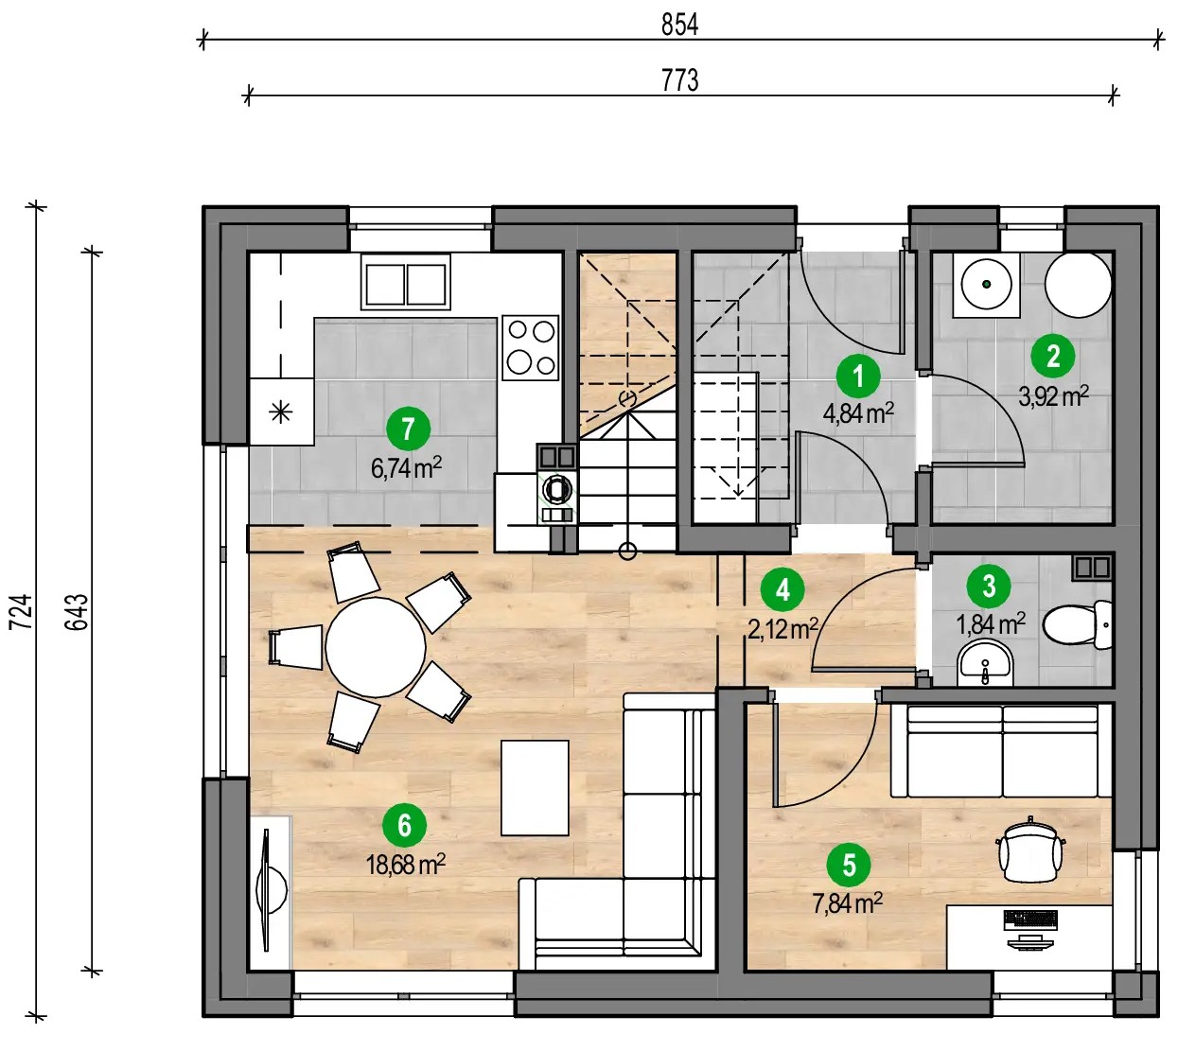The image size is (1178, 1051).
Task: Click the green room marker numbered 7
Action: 408,429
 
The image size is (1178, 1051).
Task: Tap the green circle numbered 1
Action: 858,377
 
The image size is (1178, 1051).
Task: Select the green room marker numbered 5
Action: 849,865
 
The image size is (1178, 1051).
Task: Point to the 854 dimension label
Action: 679,25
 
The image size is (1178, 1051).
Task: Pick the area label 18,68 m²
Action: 406,865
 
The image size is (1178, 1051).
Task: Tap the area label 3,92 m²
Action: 1053,397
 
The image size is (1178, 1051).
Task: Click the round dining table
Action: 376,647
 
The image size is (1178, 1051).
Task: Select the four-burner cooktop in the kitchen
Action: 530,347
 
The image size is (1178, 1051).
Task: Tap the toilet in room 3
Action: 1078,625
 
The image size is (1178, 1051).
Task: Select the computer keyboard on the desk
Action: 1030,920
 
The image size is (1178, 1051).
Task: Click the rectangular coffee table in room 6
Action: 535,788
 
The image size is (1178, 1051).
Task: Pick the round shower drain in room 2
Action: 986,284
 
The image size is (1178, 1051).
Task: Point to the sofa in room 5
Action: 1002,750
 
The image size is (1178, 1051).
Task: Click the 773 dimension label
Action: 679,80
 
